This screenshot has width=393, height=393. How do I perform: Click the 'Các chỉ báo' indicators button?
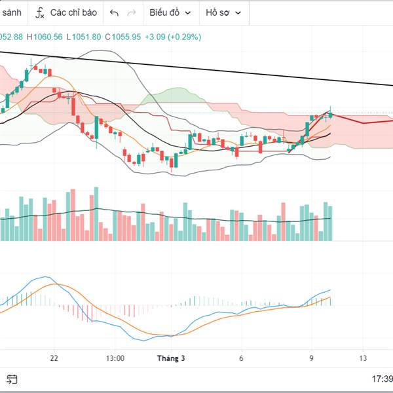[73, 12]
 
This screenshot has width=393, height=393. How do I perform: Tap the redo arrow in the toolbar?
[132, 12]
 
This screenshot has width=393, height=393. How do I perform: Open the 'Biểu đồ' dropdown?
[170, 12]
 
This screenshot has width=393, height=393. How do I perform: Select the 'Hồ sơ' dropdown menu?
[223, 12]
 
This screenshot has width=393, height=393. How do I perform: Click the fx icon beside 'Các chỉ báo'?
[40, 12]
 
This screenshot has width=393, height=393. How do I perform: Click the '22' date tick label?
[54, 358]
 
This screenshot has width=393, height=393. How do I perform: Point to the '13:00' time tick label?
[115, 358]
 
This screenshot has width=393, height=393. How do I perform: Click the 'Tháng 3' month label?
[171, 358]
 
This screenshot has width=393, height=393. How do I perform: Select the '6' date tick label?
[241, 358]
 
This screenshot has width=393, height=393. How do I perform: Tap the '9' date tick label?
[311, 358]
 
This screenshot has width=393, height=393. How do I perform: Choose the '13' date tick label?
[363, 358]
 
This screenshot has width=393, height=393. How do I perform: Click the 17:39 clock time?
[382, 379]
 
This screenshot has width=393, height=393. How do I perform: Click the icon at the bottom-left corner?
[12, 379]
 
